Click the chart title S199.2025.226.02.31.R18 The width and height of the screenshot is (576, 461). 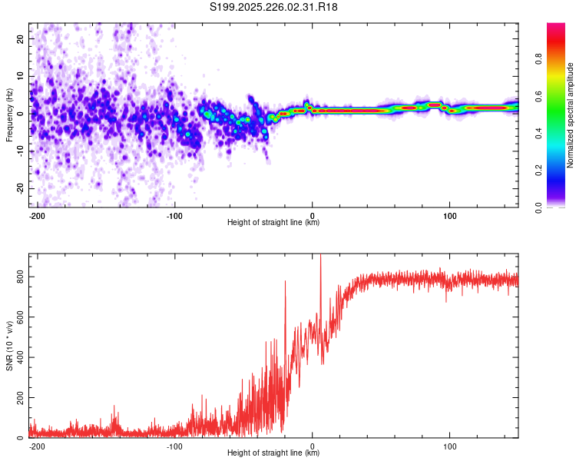click(274, 7)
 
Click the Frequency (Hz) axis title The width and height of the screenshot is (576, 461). click(9, 114)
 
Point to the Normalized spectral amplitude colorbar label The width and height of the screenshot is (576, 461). click(570, 116)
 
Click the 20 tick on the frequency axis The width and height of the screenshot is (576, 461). click(22, 38)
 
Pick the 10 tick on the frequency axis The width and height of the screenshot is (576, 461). click(22, 76)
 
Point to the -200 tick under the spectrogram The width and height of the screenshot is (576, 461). click(37, 214)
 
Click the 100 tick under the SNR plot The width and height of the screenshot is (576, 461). click(449, 445)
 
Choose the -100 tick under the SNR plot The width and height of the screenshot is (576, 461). click(174, 445)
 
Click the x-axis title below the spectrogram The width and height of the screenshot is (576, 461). click(273, 222)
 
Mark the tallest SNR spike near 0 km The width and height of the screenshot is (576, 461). click(320, 258)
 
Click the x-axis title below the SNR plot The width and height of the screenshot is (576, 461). click(273, 453)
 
